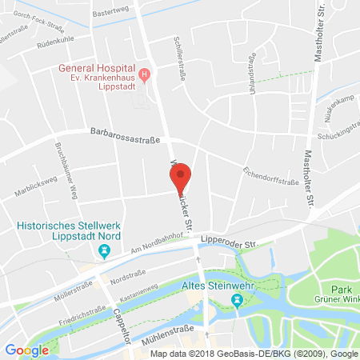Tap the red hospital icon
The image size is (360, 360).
(144, 76)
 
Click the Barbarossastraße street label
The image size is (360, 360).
(124, 135)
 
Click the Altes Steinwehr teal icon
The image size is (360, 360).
(237, 300)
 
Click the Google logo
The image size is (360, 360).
(26, 350)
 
